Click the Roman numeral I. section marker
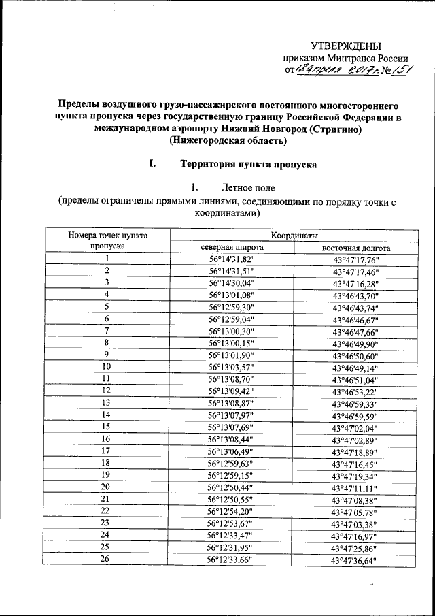[x=152, y=164]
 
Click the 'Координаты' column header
[x=295, y=235]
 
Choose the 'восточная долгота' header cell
[x=355, y=248]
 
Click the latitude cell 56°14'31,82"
[x=231, y=259]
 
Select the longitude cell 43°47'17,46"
[x=355, y=271]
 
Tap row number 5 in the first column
[x=107, y=306]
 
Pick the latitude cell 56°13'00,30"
[x=231, y=331]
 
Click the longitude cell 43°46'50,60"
[x=355, y=355]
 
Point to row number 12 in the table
[x=107, y=390]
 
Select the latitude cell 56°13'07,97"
[x=231, y=415]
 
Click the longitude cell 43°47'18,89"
[x=355, y=451]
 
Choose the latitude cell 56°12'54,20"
[x=231, y=510]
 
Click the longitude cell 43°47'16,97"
[x=355, y=535]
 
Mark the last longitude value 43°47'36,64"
[x=355, y=560]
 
